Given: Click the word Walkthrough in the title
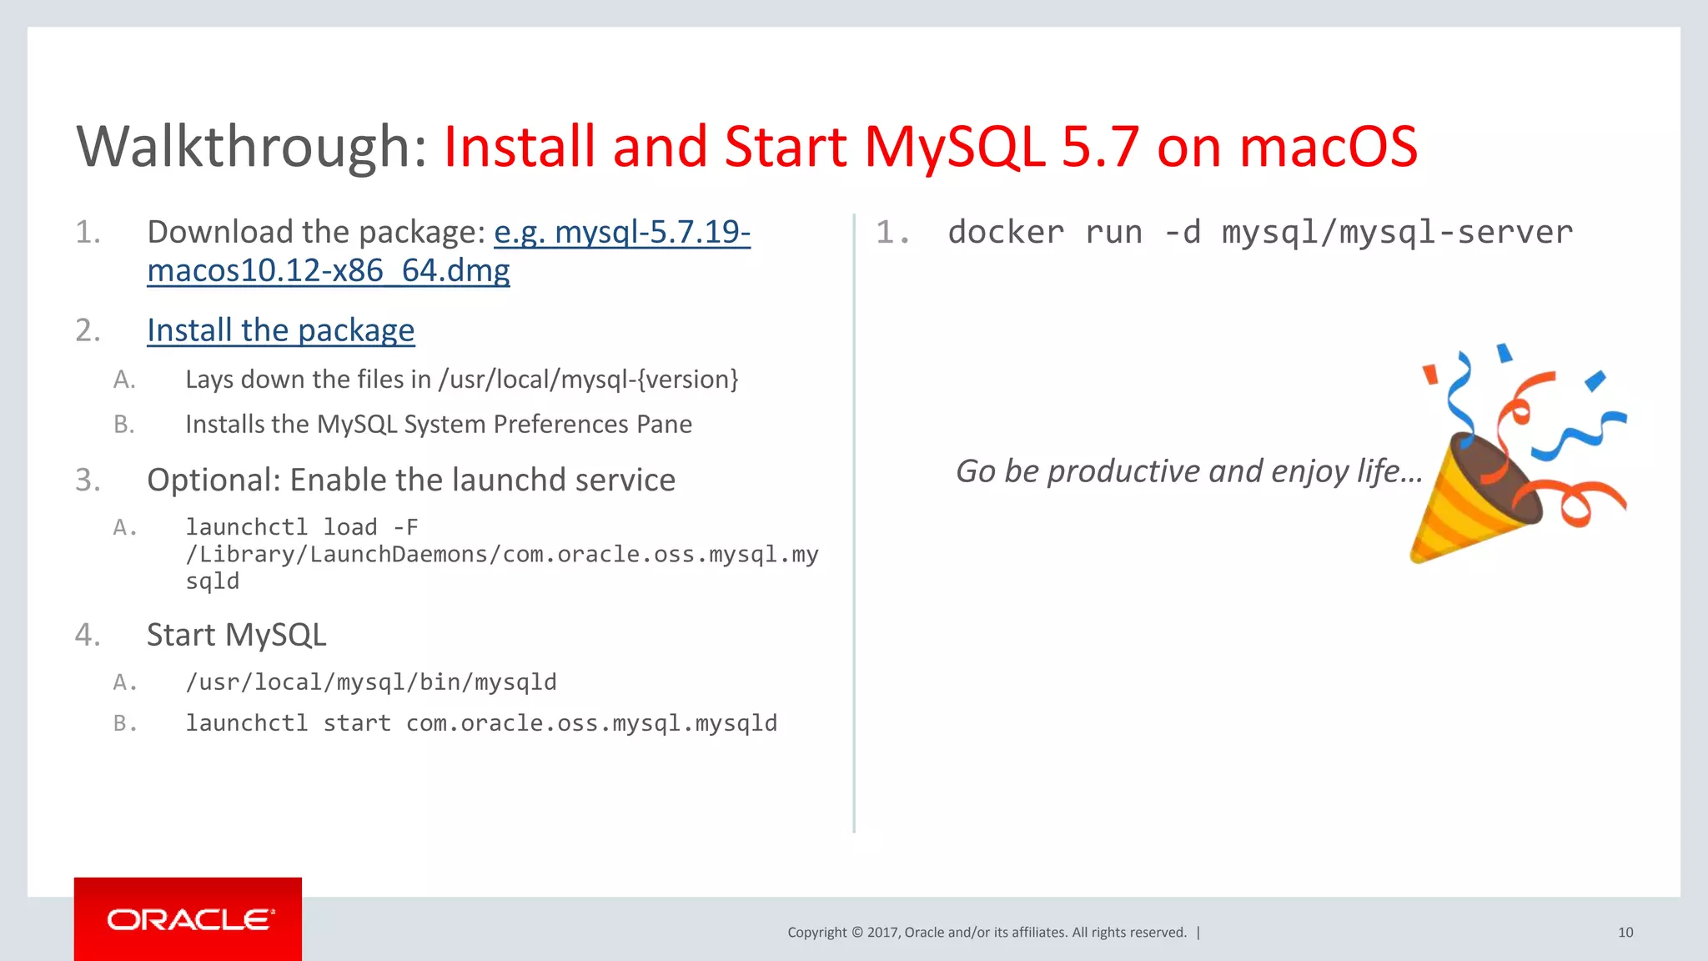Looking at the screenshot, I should (251, 148).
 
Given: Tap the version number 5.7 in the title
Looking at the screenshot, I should (1099, 148).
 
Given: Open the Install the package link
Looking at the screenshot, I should (280, 330).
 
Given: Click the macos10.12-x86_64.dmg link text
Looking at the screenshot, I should (328, 271).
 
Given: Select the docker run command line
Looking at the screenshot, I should (1259, 232).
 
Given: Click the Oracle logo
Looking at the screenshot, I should (188, 919).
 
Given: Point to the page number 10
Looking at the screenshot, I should (1625, 933).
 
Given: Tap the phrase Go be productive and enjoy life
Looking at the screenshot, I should (1188, 471).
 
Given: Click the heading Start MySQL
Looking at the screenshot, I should (236, 635).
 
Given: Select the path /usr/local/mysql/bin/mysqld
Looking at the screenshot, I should (370, 682).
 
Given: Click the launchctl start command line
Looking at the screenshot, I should (480, 723).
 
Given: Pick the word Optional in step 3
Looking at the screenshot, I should (213, 480).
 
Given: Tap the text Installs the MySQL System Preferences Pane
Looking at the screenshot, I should (438, 425).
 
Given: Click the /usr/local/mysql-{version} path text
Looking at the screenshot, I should (588, 380).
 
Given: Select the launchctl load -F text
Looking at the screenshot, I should (301, 527).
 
